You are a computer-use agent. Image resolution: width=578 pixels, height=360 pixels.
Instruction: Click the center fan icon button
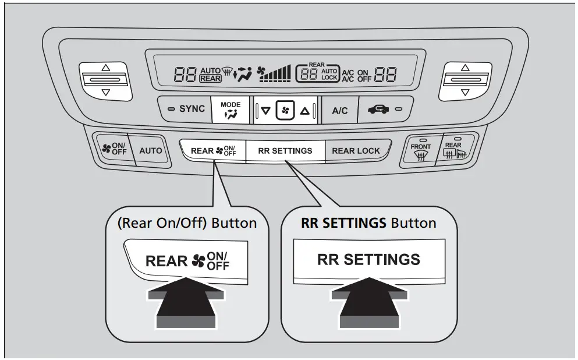coord(285,110)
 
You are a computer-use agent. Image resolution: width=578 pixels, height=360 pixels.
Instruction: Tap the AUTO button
coord(151,150)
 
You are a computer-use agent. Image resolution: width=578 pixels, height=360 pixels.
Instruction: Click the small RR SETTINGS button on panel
coord(285,150)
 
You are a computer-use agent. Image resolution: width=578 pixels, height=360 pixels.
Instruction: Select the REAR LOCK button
coord(356,150)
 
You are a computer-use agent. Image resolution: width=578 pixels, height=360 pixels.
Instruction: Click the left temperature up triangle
coord(105,68)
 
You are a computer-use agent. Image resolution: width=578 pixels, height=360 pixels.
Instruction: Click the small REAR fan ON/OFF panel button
coord(212,150)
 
